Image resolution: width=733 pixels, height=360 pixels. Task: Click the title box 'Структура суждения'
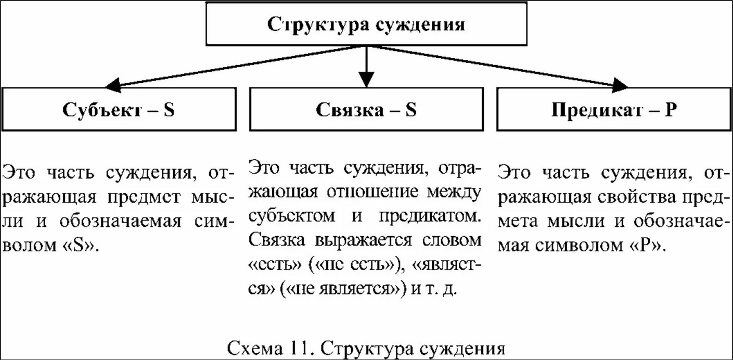(x=366, y=24)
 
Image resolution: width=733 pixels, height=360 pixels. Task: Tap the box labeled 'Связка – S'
(x=366, y=110)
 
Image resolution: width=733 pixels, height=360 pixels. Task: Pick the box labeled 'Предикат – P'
(x=613, y=110)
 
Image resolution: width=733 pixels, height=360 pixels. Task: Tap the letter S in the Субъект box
(x=168, y=111)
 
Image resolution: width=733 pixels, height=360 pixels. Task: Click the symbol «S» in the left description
(x=82, y=245)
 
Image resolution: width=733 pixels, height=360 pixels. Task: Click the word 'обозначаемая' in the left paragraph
(x=122, y=221)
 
